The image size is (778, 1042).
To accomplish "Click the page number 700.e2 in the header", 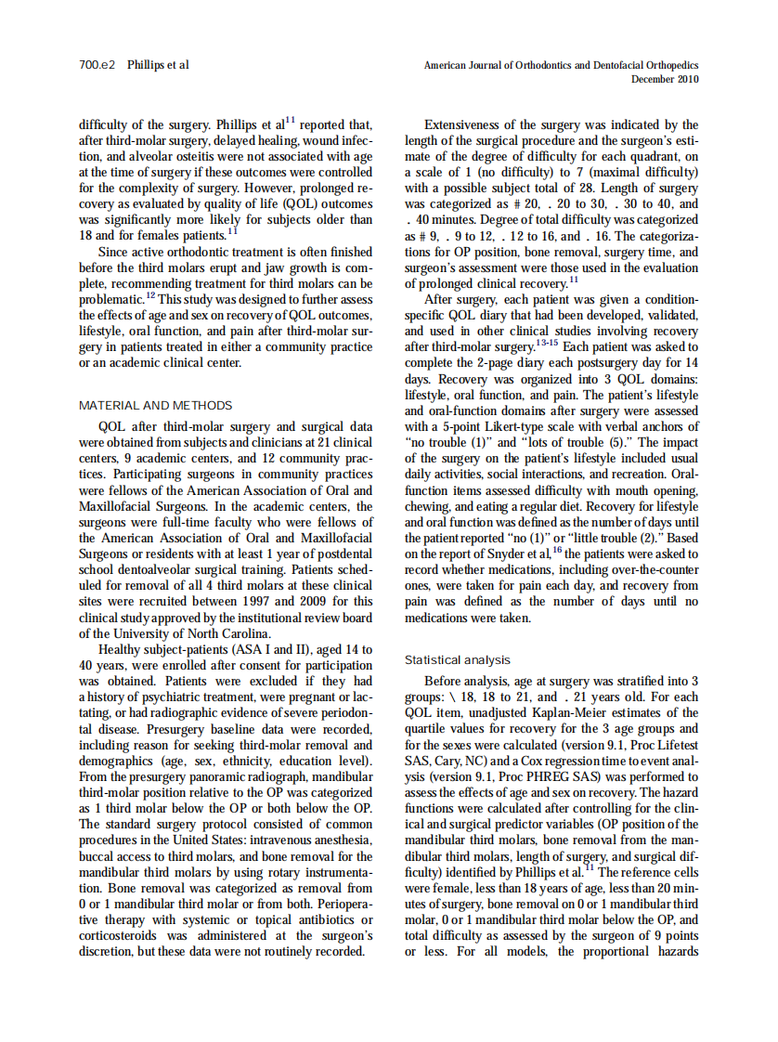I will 97,65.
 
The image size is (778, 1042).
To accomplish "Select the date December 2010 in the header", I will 665,79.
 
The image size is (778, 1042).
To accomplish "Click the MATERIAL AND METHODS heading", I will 155,405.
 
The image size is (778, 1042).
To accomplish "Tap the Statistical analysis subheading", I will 457,659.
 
